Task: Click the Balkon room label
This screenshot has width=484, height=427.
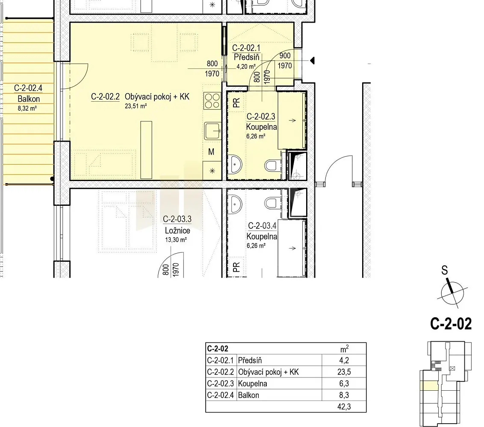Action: (x=29, y=99)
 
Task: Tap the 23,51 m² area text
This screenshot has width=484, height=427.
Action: (x=136, y=106)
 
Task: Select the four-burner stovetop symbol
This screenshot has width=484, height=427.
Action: (x=212, y=101)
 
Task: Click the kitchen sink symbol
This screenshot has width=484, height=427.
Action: (x=212, y=131)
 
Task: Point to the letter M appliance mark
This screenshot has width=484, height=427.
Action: (x=211, y=152)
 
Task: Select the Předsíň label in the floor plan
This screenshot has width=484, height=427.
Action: (x=247, y=57)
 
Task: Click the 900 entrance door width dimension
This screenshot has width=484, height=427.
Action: (x=285, y=56)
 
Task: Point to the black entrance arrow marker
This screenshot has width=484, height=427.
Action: (x=312, y=61)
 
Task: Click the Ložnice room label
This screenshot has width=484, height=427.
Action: (x=177, y=231)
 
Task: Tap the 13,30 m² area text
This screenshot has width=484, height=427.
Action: (x=176, y=240)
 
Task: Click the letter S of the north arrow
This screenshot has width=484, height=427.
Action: (x=444, y=270)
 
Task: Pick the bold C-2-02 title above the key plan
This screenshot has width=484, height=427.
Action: (x=451, y=324)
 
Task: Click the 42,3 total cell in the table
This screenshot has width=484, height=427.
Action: (x=344, y=407)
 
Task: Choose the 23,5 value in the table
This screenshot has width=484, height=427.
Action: (x=344, y=372)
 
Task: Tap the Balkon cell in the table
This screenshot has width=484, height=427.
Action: (x=248, y=395)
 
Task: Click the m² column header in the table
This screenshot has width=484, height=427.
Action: (x=344, y=349)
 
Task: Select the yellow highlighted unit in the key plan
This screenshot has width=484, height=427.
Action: (x=429, y=386)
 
